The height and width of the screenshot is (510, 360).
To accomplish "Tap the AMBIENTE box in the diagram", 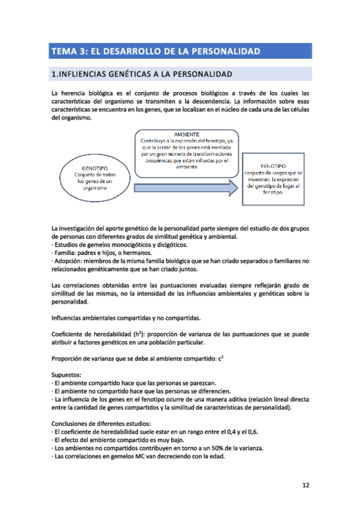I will tap(186, 151).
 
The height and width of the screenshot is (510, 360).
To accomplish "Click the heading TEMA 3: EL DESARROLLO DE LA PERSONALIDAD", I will tap(156, 51).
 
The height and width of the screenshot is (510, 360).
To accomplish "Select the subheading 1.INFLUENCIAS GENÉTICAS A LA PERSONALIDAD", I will tap(142, 75).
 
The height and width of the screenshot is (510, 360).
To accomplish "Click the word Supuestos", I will tap(67, 374).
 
